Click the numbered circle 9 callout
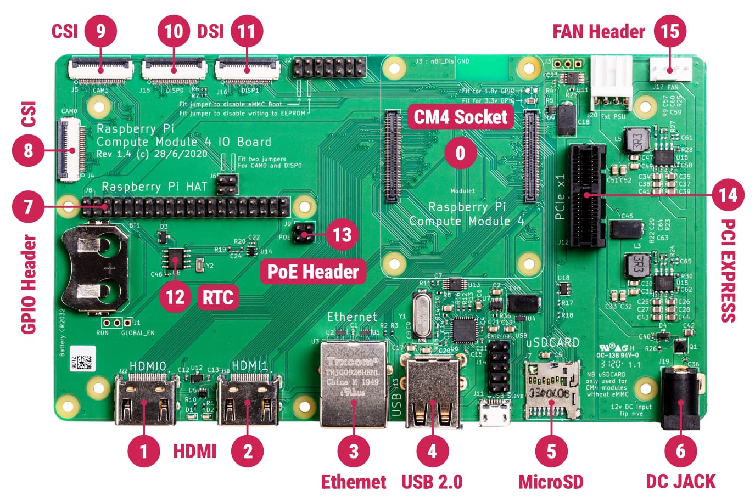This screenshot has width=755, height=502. [x=100, y=31]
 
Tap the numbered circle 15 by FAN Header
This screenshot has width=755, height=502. [x=670, y=31]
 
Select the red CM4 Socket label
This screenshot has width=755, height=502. [x=461, y=117]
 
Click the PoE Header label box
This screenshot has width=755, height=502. [x=313, y=272]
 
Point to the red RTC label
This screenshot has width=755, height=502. [x=218, y=297]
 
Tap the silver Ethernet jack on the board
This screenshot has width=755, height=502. [x=353, y=384]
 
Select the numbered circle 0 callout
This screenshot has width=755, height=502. [x=461, y=153]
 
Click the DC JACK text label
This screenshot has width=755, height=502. [x=680, y=481]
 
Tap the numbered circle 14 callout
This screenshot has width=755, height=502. [x=728, y=195]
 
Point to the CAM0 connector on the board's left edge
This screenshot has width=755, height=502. [x=69, y=150]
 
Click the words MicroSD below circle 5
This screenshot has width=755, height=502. [x=551, y=481]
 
